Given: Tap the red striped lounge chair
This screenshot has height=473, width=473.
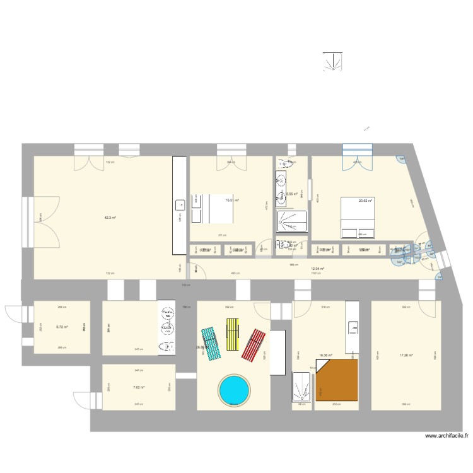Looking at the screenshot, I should tap(254, 345).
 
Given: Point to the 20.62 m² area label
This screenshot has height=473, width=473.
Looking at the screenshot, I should tap(366, 201).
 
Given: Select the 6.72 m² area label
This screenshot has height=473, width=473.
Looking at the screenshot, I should tap(61, 327).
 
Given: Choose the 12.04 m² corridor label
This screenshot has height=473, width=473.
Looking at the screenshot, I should tap(317, 269).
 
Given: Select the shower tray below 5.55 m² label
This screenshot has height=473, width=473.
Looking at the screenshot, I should tap(291, 221).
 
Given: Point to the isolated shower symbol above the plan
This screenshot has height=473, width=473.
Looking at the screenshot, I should tap(332, 61).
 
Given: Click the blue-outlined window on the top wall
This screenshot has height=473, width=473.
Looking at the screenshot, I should tap(358, 149).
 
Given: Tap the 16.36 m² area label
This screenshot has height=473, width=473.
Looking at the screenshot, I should tap(325, 355).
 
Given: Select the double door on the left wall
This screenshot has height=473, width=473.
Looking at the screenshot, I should tap(27, 221).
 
